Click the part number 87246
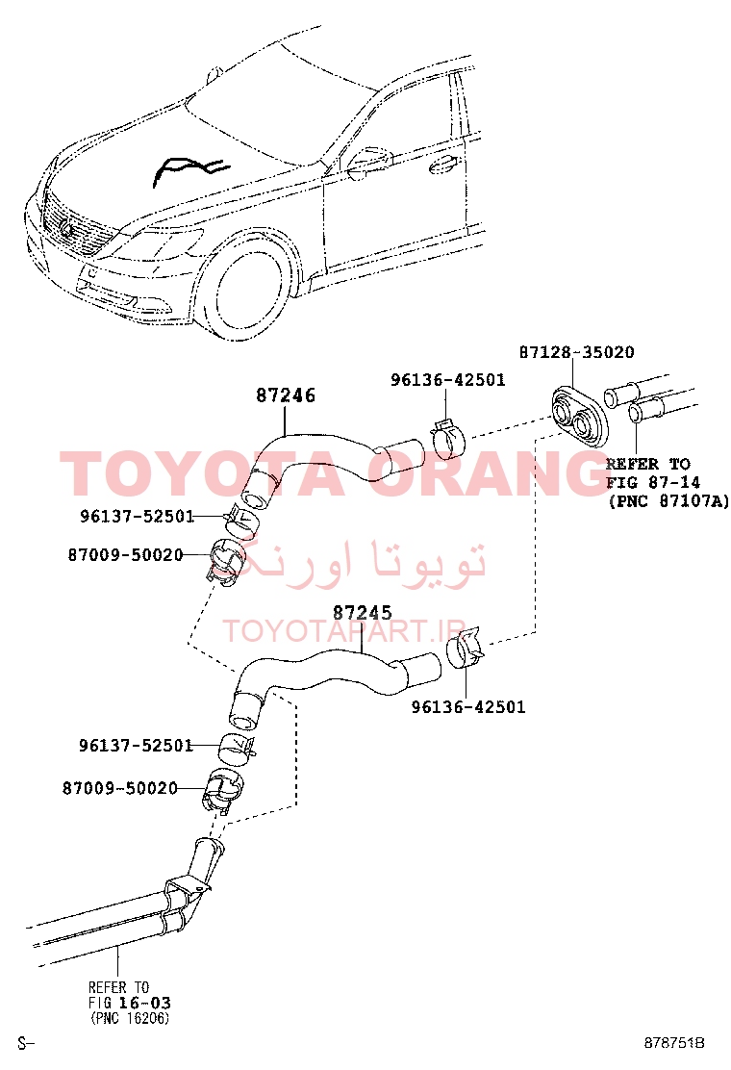click(x=286, y=395)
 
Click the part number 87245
click(x=362, y=613)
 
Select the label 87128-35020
click(x=577, y=352)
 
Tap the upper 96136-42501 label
click(x=448, y=379)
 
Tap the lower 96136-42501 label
click(x=468, y=706)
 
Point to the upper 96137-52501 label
click(x=138, y=516)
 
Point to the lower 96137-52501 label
click(x=137, y=745)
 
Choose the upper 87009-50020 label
click(x=125, y=555)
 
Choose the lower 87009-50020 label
click(x=120, y=788)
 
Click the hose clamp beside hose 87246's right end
click(x=448, y=439)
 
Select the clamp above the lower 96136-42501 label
click(x=466, y=647)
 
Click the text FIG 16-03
click(x=130, y=1003)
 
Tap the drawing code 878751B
click(x=674, y=1043)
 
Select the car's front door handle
click(x=443, y=165)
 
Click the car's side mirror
click(x=365, y=163)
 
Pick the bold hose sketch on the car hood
click(x=189, y=168)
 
